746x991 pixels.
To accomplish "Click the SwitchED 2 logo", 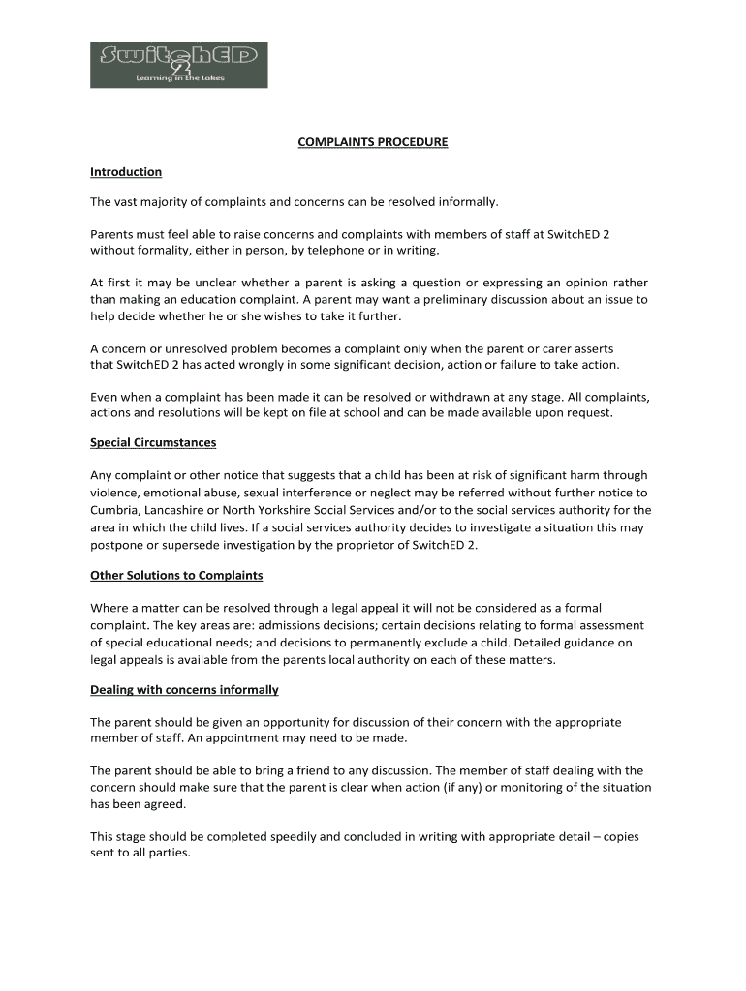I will tap(178, 65).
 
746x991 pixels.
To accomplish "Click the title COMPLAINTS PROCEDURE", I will tap(372, 142).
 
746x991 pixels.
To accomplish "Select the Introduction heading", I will tap(126, 172).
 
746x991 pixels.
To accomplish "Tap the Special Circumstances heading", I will tap(153, 443).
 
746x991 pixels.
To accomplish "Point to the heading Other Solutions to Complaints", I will tap(176, 575).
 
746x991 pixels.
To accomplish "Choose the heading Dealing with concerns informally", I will tap(184, 690).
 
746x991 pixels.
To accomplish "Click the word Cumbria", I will tap(114, 510).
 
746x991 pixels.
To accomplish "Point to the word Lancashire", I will tap(187, 510).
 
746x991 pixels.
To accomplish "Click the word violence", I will tap(115, 493).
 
